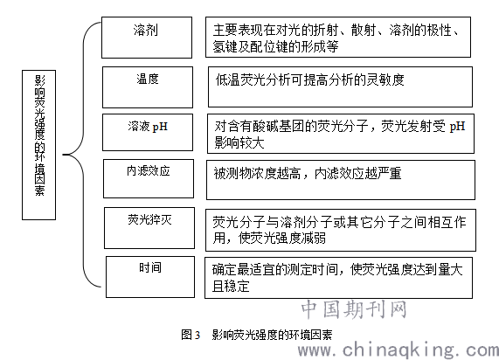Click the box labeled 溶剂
[147, 38]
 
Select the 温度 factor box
[148, 87]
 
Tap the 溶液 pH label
[148, 127]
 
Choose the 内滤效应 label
[149, 171]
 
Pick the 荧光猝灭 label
[149, 219]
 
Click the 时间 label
[150, 267]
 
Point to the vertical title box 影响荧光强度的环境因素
[38, 145]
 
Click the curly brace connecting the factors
[83, 155]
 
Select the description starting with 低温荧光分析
[309, 80]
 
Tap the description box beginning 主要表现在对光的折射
[338, 38]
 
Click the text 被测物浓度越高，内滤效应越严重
[308, 174]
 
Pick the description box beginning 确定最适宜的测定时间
[338, 278]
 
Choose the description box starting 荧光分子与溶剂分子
[341, 230]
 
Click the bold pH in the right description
[457, 127]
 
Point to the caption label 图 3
[191, 335]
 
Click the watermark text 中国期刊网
[354, 309]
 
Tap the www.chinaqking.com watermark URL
[399, 350]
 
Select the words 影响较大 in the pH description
[239, 142]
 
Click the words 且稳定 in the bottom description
[231, 286]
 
